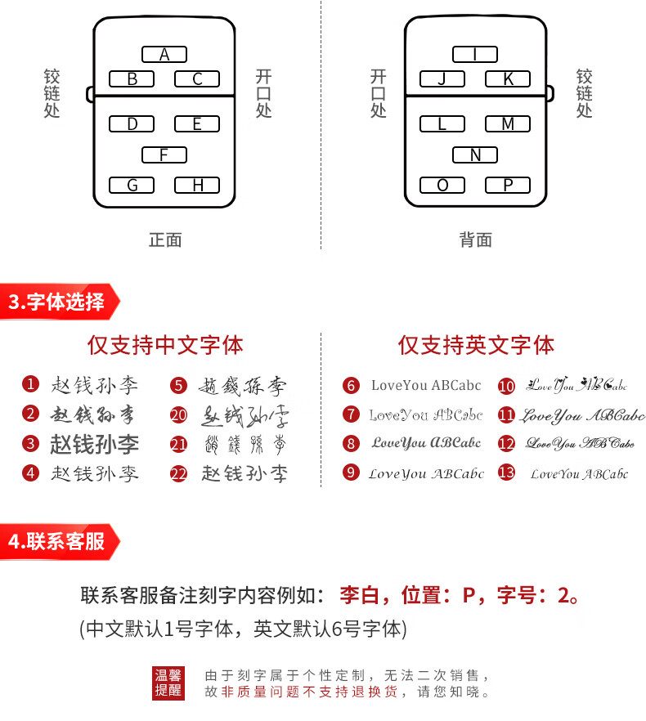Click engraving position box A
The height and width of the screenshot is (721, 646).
point(164,55)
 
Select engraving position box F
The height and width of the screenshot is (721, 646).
point(164,154)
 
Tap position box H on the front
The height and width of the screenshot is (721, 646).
point(197,186)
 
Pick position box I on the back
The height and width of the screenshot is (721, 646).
point(475,55)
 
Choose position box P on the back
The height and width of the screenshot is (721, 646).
point(508,186)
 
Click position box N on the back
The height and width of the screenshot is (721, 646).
point(475,154)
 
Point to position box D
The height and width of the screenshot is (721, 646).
point(132,124)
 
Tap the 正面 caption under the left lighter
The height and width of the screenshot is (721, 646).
point(164,240)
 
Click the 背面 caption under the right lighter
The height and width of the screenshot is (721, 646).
point(475,240)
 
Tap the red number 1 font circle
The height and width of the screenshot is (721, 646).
point(30,384)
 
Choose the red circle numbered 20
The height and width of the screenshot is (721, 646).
point(179,414)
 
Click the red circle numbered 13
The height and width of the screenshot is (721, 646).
point(507,472)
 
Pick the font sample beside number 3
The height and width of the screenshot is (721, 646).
point(94,444)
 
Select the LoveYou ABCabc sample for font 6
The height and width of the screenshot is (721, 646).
point(426,385)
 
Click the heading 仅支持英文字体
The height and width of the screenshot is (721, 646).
point(476,345)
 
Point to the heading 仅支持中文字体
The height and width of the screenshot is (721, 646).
point(165,345)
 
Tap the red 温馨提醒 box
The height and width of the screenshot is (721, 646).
point(169,683)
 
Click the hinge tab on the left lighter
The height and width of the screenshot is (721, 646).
point(90,94)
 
